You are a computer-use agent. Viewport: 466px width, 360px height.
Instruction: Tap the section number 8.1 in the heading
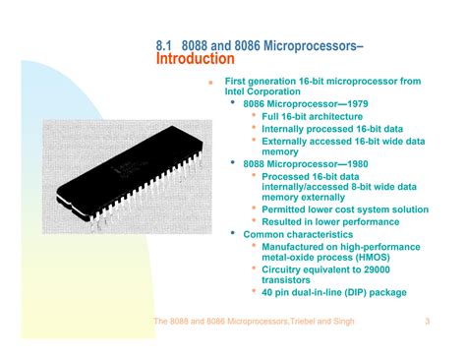point(164,45)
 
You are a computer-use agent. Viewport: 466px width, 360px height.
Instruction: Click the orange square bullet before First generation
point(209,83)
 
